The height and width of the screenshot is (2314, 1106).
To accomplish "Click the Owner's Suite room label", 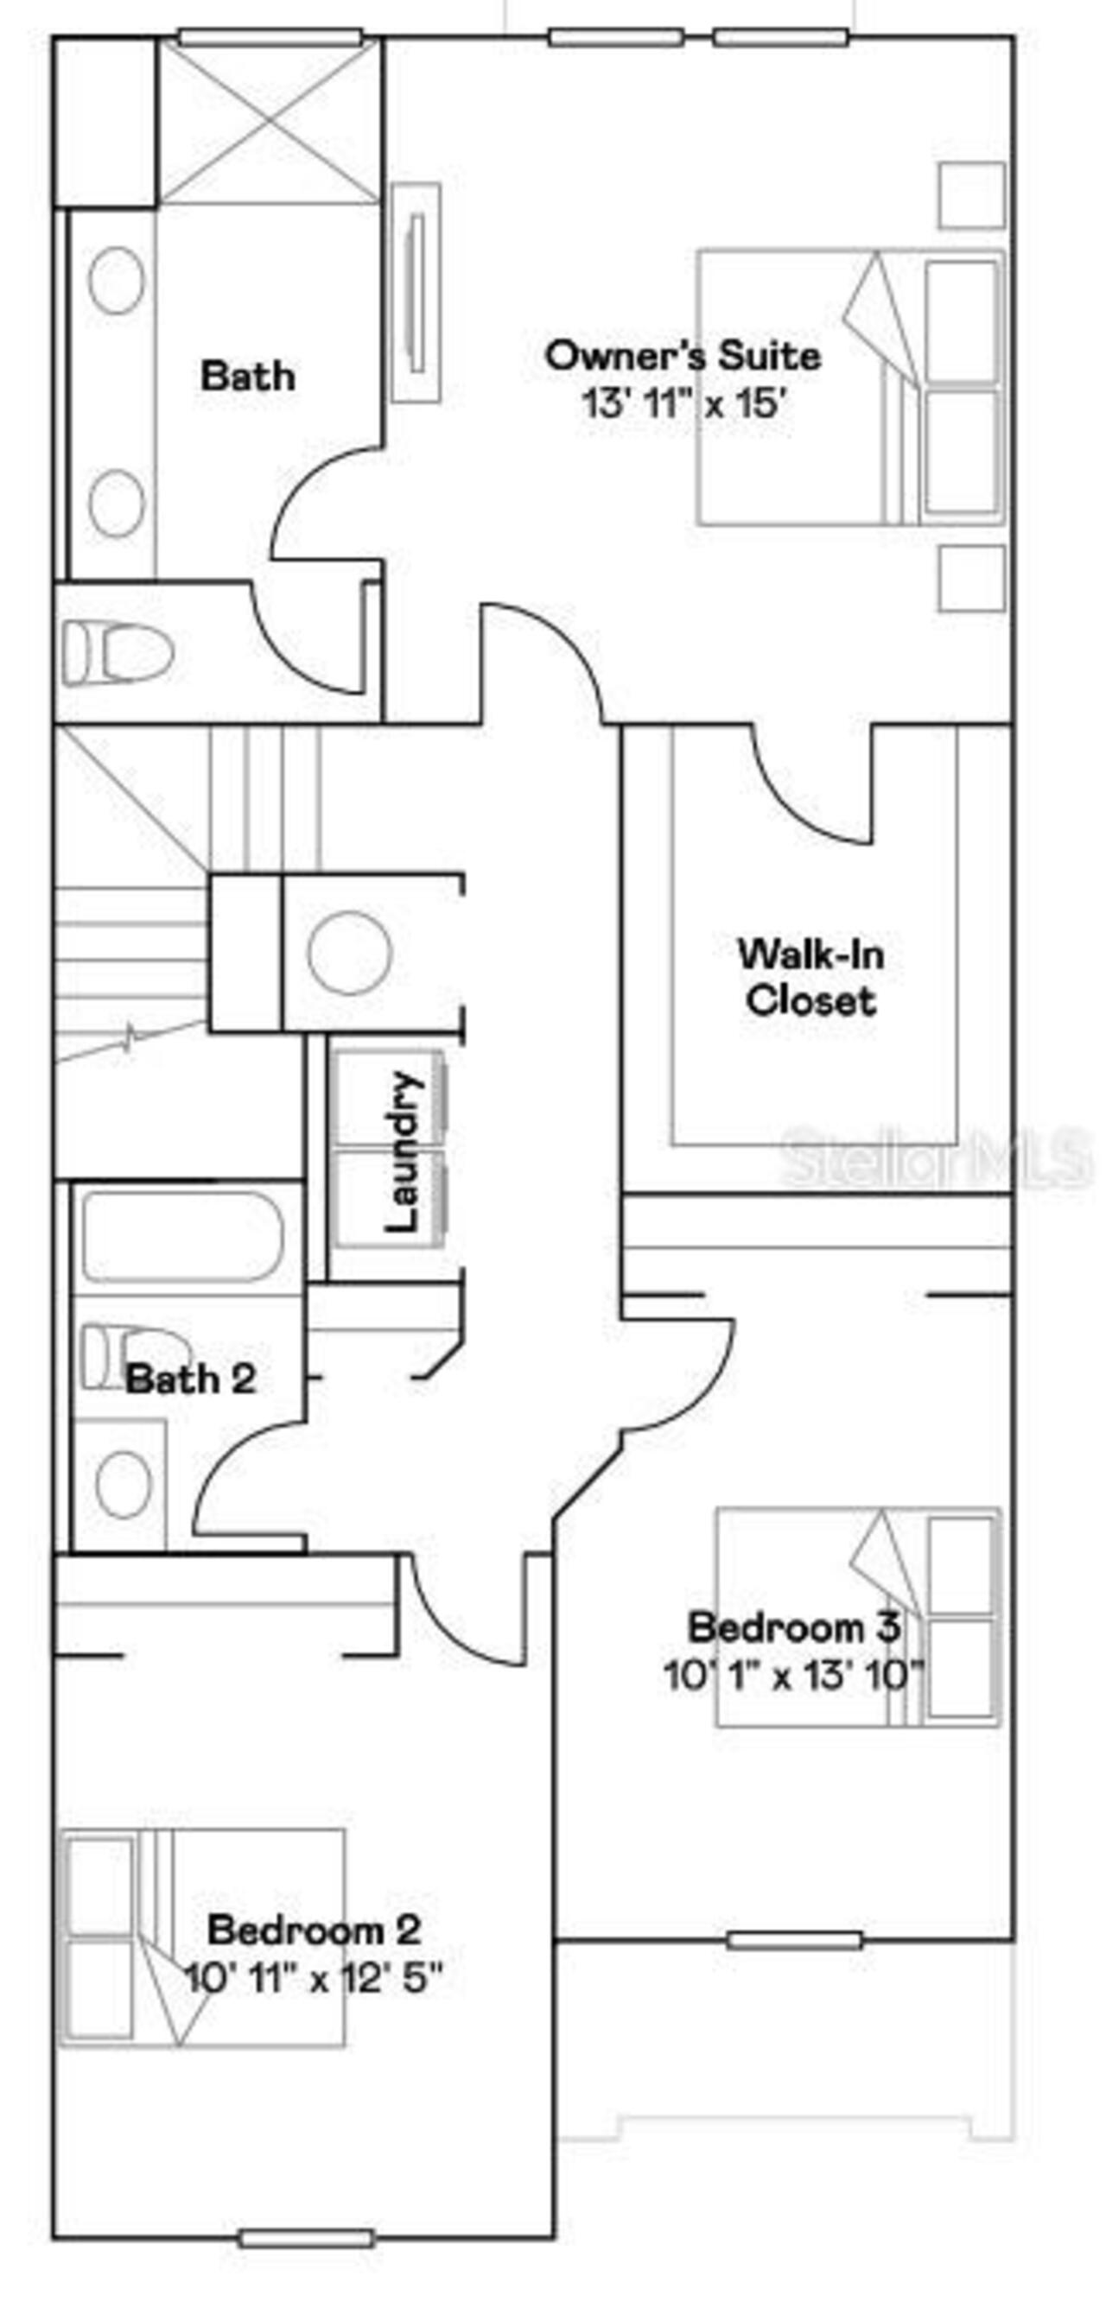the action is click(683, 356).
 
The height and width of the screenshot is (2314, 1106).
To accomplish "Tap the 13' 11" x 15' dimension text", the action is click(685, 403).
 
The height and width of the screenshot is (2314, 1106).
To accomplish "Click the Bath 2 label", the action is click(190, 1378).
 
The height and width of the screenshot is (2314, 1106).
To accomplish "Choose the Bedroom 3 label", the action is click(793, 1626).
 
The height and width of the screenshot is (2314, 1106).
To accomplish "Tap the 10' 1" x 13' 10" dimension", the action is click(794, 1675).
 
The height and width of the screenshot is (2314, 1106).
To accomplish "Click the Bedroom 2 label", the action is click(314, 1930).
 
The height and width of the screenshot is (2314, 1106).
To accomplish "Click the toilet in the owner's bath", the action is click(117, 654).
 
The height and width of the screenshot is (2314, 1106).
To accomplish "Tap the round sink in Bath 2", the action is click(123, 1484).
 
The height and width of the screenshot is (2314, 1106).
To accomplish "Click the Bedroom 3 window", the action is click(795, 1940).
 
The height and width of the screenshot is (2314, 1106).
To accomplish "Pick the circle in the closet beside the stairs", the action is click(349, 953).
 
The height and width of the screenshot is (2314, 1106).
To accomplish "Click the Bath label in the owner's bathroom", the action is click(247, 376).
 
